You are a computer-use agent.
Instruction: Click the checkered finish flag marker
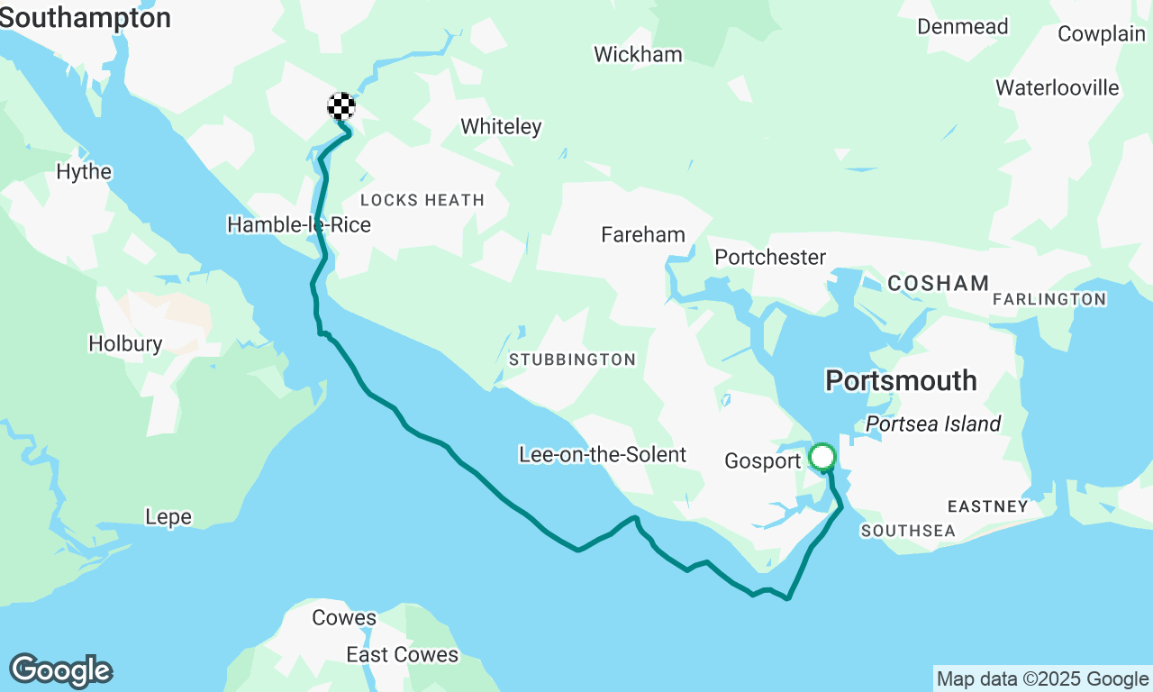[340, 106]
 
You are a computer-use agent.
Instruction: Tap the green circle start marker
[822, 457]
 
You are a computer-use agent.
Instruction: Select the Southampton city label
[85, 18]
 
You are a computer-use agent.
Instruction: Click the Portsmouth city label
[901, 380]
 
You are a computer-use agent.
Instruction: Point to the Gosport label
[762, 461]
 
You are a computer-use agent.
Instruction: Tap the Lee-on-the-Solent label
[603, 455]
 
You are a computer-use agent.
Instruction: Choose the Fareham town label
[643, 235]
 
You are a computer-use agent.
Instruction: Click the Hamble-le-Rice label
[299, 224]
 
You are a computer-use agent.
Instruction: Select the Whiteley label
[501, 127]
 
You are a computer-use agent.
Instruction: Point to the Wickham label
[638, 55]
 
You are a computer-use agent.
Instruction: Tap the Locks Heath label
[422, 200]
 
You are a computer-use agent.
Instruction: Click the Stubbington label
[572, 360]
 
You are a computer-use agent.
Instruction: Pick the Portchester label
[770, 258]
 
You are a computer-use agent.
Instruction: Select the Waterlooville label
[1058, 88]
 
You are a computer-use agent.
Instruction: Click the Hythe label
[84, 172]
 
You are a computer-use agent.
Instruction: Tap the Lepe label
[168, 517]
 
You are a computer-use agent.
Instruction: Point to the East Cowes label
[403, 655]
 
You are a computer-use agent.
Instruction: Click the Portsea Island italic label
[933, 424]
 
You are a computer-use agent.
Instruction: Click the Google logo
[61, 671]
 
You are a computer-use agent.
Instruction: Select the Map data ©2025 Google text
[1042, 679]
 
